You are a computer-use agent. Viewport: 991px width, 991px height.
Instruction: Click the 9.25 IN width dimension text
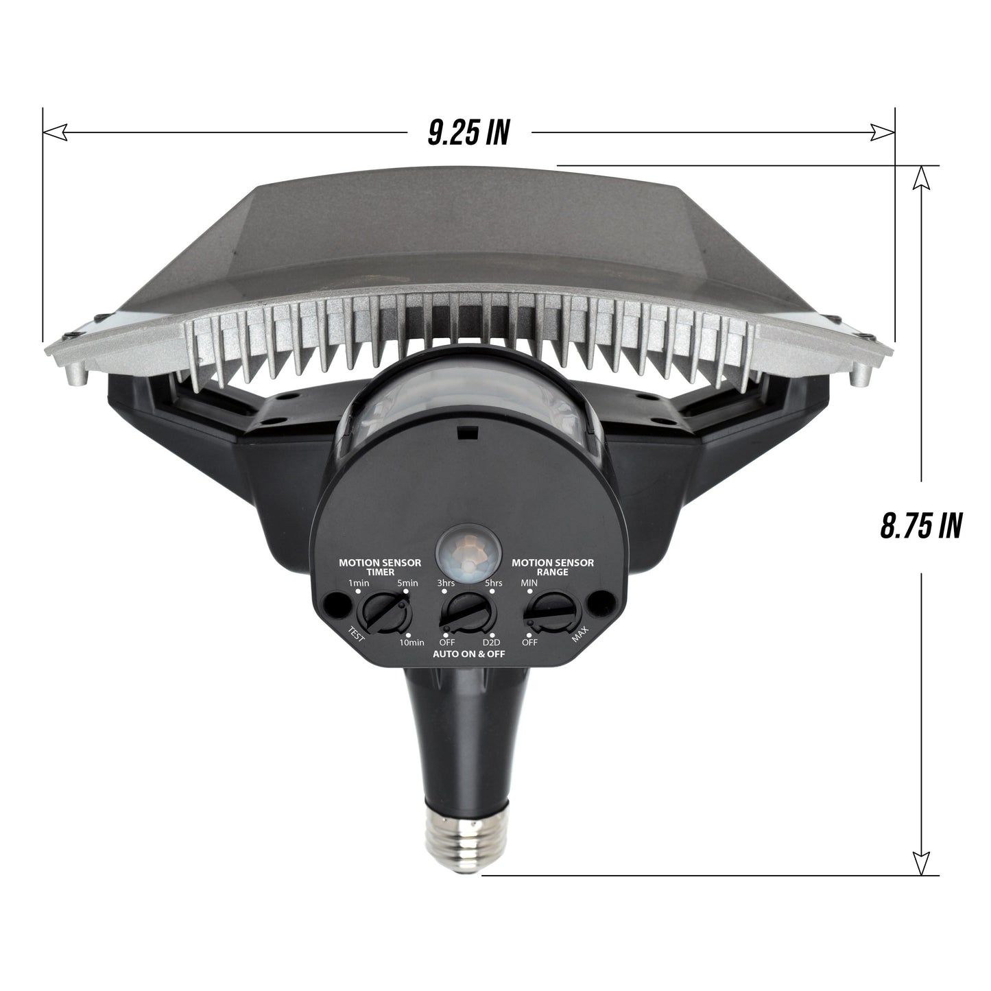tap(468, 132)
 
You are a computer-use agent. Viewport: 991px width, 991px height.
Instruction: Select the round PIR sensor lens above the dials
tap(469, 550)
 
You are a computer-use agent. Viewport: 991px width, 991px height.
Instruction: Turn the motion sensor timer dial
tap(385, 612)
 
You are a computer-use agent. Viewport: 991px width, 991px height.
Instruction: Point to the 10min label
tap(411, 642)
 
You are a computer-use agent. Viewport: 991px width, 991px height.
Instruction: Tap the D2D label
tap(491, 642)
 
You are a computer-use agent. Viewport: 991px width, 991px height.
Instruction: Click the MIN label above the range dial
tap(529, 583)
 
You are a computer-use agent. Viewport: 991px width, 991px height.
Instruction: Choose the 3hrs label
tap(446, 583)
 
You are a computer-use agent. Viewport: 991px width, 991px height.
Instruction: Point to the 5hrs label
tap(493, 583)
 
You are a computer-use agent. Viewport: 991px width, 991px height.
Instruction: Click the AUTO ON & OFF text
tap(468, 654)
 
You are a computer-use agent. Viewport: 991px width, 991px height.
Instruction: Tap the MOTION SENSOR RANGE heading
tap(553, 567)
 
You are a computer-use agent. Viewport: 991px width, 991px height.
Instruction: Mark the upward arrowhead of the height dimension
tap(920, 180)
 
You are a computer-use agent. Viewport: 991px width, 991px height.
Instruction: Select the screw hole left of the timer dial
tap(335, 604)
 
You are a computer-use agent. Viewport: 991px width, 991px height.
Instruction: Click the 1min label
tap(359, 583)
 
